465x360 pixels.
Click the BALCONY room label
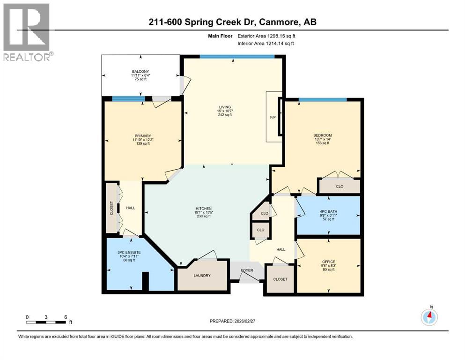140,72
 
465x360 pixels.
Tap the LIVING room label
229,107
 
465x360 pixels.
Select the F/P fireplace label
273,117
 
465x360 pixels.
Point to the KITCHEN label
204,208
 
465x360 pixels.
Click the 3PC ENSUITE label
129,252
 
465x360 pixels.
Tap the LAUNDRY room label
202,276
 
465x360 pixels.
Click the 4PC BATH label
329,211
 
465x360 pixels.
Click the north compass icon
429,317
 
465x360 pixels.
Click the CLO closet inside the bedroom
340,186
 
